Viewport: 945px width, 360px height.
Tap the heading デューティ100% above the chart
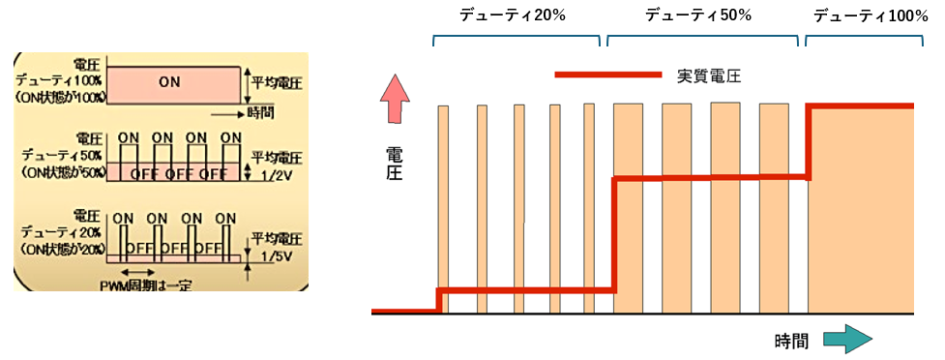click(864, 15)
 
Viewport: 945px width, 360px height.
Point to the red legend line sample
click(607, 75)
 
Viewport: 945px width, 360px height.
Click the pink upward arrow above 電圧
click(394, 100)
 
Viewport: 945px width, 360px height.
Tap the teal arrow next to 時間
click(848, 339)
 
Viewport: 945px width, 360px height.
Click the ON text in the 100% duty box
click(169, 82)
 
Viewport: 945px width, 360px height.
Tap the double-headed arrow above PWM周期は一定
click(138, 272)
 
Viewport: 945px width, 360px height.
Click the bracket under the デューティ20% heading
click(517, 41)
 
